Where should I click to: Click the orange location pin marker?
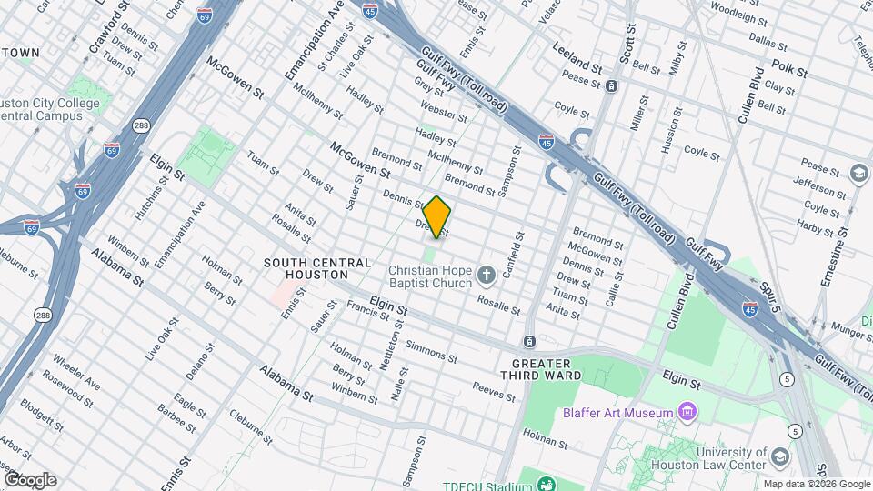click(x=437, y=217)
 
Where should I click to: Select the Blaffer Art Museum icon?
click(x=688, y=413)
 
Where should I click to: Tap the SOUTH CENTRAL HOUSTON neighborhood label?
click(x=306, y=268)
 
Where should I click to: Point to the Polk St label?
click(x=788, y=66)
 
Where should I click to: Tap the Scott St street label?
click(x=629, y=41)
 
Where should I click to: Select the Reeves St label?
click(x=494, y=392)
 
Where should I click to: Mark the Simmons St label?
click(x=426, y=350)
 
